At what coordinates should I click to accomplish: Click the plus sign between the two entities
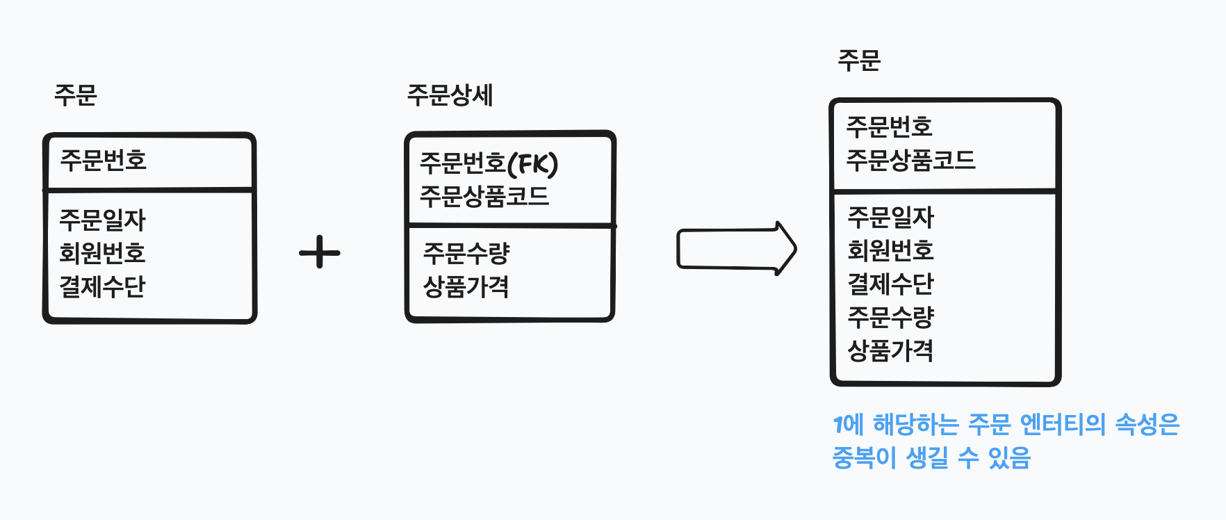(x=320, y=252)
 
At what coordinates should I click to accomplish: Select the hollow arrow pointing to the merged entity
(x=737, y=249)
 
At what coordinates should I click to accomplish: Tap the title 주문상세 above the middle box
(x=450, y=95)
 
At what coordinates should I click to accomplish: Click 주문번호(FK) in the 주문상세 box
(x=489, y=164)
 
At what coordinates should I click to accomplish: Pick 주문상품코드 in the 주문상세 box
(x=484, y=197)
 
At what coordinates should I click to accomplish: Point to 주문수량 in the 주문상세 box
(x=466, y=253)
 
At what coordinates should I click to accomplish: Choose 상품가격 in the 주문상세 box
(x=466, y=286)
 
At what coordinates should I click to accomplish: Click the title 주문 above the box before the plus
(x=76, y=95)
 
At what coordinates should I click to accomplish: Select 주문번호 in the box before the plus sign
(x=104, y=161)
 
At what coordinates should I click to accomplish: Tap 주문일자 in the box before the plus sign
(x=103, y=220)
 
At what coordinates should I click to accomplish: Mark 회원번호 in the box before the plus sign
(x=103, y=253)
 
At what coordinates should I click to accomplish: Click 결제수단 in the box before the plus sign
(x=103, y=286)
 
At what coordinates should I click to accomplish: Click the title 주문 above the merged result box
(x=859, y=60)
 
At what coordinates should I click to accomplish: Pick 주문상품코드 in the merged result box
(x=910, y=161)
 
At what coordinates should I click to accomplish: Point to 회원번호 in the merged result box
(x=890, y=250)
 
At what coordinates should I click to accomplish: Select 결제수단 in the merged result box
(x=890, y=284)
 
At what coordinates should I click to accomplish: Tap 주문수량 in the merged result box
(x=890, y=317)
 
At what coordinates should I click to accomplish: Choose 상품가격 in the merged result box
(x=890, y=350)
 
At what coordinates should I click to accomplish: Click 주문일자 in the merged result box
(x=890, y=218)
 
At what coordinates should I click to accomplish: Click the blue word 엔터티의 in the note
(x=1062, y=424)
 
